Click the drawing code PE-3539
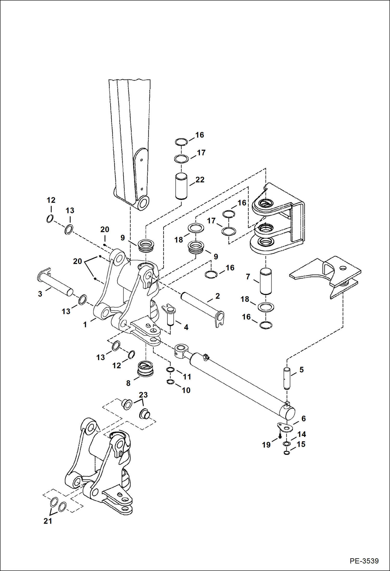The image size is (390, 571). click(x=364, y=561)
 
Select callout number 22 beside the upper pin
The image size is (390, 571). click(x=200, y=180)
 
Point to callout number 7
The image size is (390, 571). click(x=248, y=277)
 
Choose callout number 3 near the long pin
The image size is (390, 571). click(x=40, y=294)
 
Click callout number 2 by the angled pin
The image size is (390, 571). click(x=217, y=296)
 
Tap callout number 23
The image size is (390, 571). click(x=143, y=395)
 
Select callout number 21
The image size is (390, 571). click(x=48, y=521)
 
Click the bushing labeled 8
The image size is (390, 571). click(x=145, y=369)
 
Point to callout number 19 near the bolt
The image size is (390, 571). click(x=266, y=445)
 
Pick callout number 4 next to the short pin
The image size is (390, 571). click(x=186, y=327)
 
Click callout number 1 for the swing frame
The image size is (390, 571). click(x=85, y=324)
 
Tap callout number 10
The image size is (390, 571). click(x=186, y=390)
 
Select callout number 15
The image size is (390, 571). click(x=301, y=444)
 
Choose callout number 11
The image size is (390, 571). click(x=187, y=377)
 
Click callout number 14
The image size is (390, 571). click(x=301, y=434)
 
